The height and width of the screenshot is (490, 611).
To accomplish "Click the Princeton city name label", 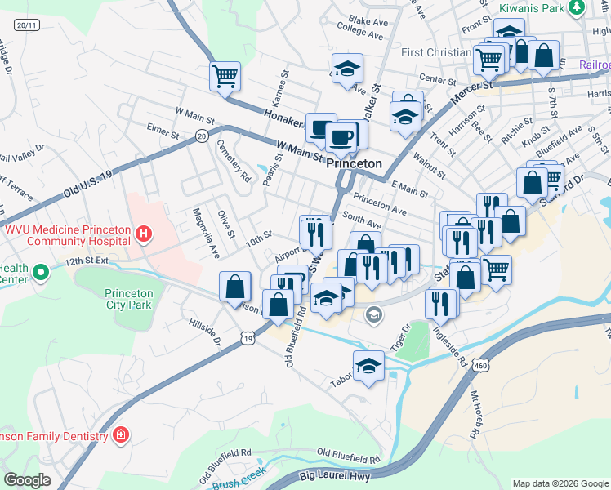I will pos(355,163).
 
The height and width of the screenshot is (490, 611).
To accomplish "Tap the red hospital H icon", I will pos(145,235).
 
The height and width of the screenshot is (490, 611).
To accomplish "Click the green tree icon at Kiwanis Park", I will pos(577,7).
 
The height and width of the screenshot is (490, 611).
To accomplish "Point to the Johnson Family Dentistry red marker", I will pos(121,434).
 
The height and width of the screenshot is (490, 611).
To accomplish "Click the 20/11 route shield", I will pos(26,25).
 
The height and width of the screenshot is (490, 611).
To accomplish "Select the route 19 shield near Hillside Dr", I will pos(247,337).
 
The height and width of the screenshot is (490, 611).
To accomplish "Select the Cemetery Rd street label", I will pos(234,160).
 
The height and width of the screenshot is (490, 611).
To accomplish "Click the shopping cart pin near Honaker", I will pos(225,77).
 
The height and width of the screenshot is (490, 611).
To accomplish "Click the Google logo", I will pos(28,480).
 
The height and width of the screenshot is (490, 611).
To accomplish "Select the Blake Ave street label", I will pos(367,20).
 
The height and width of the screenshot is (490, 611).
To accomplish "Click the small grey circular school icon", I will pos(373,314).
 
